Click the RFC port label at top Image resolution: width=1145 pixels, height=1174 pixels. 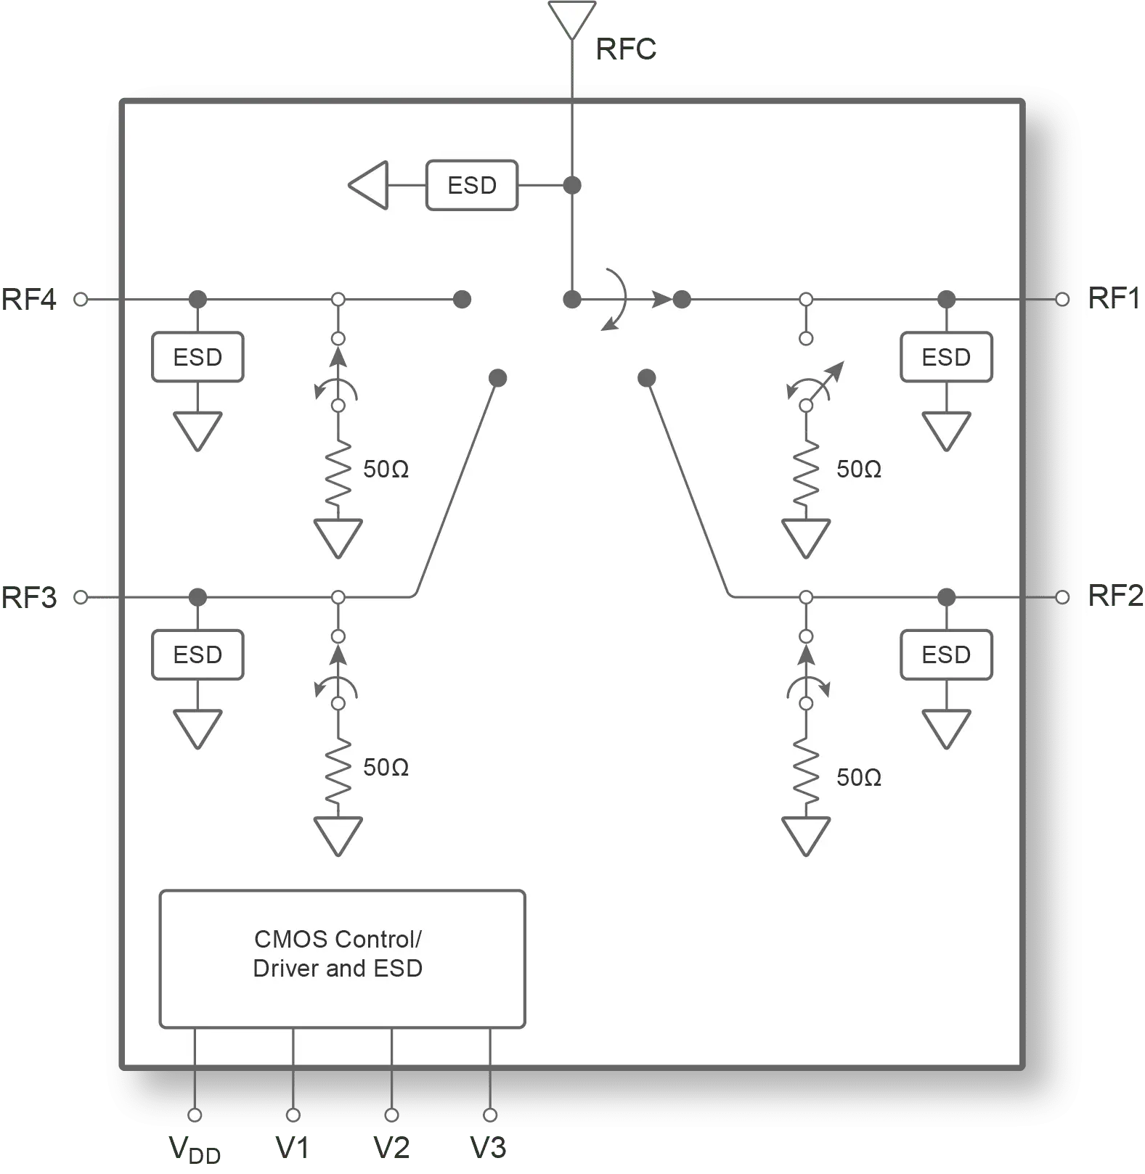tap(625, 50)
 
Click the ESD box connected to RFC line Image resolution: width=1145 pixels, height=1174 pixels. tap(472, 186)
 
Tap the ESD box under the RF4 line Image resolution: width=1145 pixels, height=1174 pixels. tap(197, 357)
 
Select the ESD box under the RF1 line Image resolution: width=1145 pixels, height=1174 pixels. tap(946, 357)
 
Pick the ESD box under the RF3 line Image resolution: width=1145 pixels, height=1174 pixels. tap(197, 655)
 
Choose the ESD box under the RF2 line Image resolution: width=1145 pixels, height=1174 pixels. tap(946, 655)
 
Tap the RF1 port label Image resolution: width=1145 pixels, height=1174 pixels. tap(1113, 299)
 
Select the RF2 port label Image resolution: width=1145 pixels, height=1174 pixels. tap(1115, 596)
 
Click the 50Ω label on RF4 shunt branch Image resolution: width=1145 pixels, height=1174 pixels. tap(386, 469)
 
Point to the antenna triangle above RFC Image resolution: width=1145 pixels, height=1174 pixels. tap(572, 17)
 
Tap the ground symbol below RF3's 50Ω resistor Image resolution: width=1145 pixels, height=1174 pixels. tap(338, 836)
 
